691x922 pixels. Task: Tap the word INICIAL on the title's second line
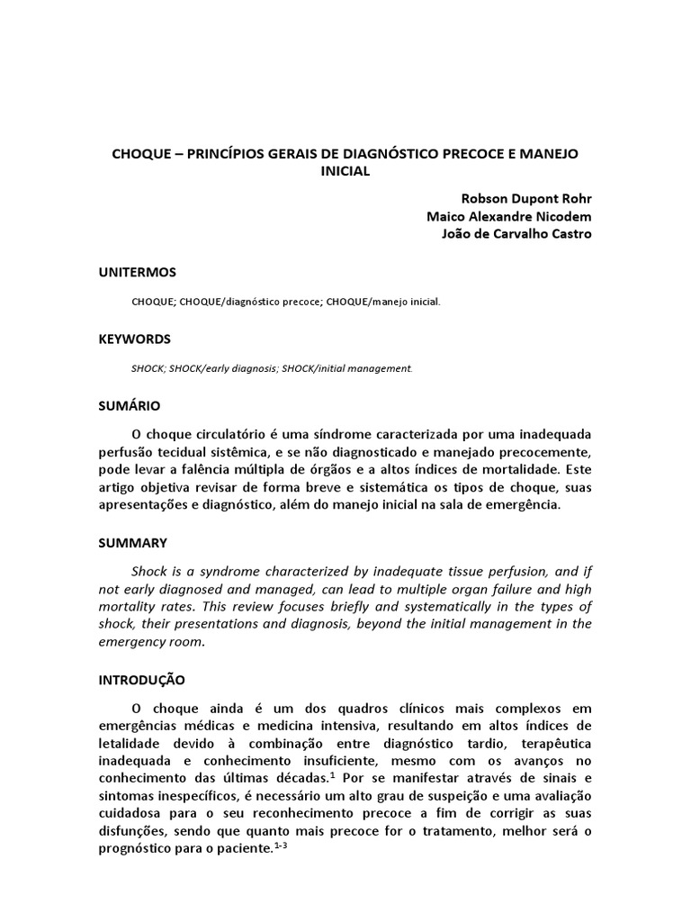pyautogui.click(x=345, y=171)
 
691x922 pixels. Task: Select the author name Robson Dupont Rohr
pyautogui.click(x=526, y=199)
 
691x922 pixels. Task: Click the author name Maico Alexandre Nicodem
pyautogui.click(x=509, y=217)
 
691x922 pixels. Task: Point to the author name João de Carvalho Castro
pyautogui.click(x=514, y=234)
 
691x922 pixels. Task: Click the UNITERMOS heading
pyautogui.click(x=137, y=272)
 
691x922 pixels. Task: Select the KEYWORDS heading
pyautogui.click(x=134, y=339)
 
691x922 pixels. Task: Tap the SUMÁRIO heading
pyautogui.click(x=130, y=406)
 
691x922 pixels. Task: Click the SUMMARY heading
pyautogui.click(x=132, y=543)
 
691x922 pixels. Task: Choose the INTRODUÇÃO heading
pyautogui.click(x=141, y=680)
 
